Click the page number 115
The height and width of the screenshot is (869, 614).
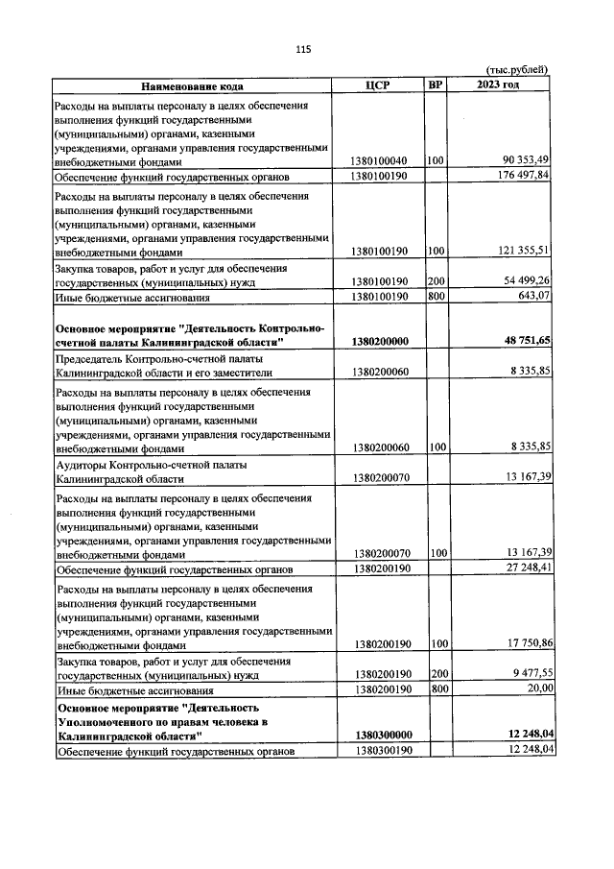(x=304, y=49)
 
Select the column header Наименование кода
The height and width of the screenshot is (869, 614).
(x=192, y=84)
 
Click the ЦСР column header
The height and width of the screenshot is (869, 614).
(x=379, y=84)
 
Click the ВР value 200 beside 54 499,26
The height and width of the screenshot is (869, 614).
(x=438, y=280)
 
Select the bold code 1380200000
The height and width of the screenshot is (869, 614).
(x=380, y=341)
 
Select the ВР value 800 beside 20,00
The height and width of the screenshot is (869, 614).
(x=438, y=688)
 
